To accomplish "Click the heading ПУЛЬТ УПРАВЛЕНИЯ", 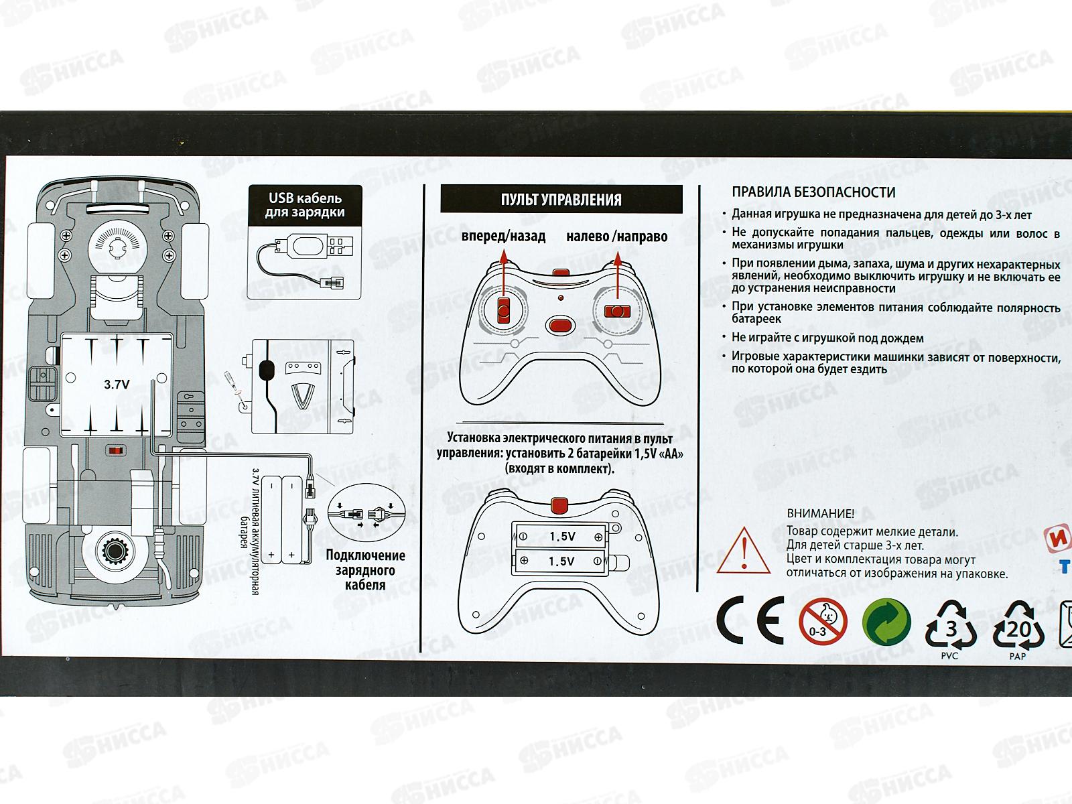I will coord(561,200).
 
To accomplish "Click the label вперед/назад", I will coord(503,237).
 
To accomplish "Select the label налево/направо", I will coord(616,237).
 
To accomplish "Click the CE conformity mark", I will coord(750,621).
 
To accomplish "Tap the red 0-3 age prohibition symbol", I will coord(823,621).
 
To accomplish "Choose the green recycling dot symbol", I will coord(886,621).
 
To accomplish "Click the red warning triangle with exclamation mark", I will coord(744,552).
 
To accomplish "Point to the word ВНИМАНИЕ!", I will coord(821,514).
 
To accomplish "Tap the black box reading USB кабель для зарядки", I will coord(305,205).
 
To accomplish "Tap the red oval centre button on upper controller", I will coord(560,326).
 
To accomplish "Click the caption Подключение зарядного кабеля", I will coord(365,570).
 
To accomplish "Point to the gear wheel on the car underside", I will coord(115,552).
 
